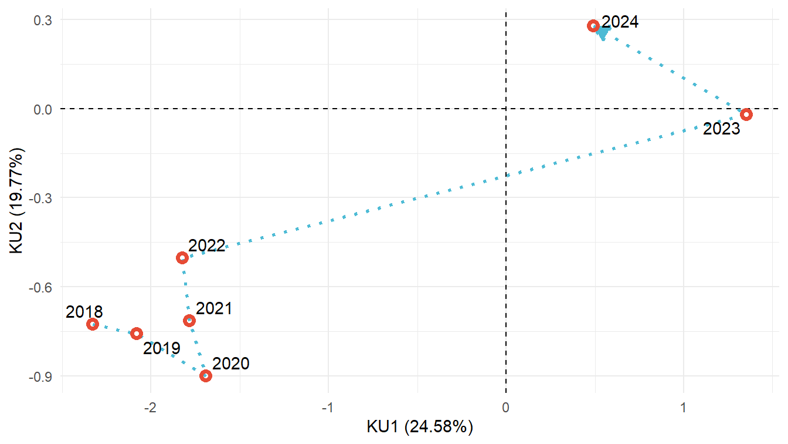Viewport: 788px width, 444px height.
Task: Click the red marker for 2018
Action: coord(93,324)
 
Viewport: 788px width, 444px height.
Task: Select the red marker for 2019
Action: coord(137,334)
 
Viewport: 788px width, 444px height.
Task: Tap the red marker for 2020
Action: coord(205,376)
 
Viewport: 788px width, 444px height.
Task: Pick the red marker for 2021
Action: coord(189,321)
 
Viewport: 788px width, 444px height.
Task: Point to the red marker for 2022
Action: coord(182,258)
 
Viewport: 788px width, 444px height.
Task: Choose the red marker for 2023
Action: coord(746,115)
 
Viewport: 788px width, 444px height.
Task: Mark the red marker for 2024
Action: coord(593,26)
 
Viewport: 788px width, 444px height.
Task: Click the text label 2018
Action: coord(84,312)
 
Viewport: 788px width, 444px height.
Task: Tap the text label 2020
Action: coord(231,364)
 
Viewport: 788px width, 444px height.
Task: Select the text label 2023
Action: coord(721,129)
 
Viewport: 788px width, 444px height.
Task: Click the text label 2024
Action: coord(620,22)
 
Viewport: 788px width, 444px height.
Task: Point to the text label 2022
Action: coord(207,245)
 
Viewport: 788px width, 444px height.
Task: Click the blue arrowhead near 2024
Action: coord(603,33)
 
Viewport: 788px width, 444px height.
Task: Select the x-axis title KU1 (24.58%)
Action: coord(419,426)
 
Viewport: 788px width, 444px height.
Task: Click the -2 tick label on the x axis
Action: coord(151,407)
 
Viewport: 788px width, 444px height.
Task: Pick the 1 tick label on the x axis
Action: coord(683,407)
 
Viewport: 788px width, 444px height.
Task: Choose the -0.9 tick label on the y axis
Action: coord(39,376)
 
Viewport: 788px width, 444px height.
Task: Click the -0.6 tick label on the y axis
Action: coord(39,287)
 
